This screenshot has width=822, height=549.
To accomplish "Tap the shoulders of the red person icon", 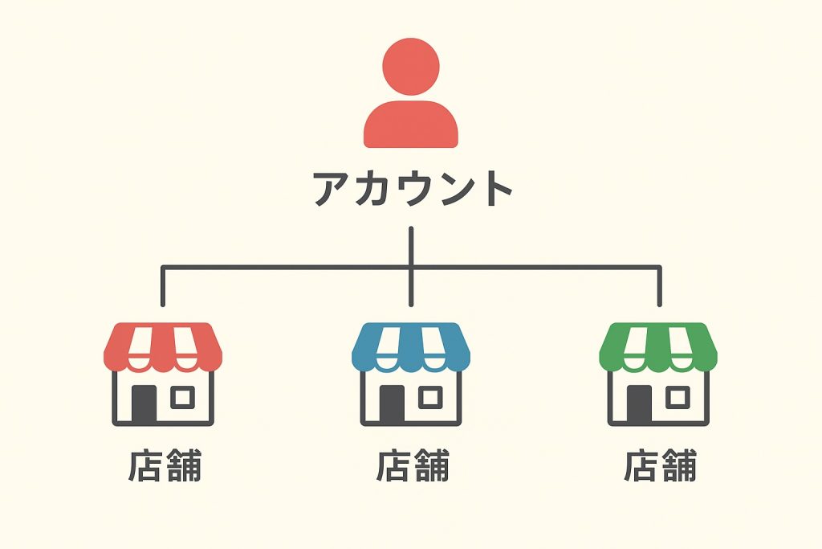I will pos(411,127).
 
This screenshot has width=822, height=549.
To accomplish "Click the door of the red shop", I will pos(144,404).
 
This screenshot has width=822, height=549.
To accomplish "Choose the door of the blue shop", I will pos(393,404).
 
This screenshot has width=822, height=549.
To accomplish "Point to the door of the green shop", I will pos(640,404).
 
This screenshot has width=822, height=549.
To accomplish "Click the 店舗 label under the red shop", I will pos(165,466).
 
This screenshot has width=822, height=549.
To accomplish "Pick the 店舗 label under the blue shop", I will pos(412,466).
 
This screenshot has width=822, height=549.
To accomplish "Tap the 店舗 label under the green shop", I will pos(660,466).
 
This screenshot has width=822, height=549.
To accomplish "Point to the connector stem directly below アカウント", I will pos(411,245).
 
